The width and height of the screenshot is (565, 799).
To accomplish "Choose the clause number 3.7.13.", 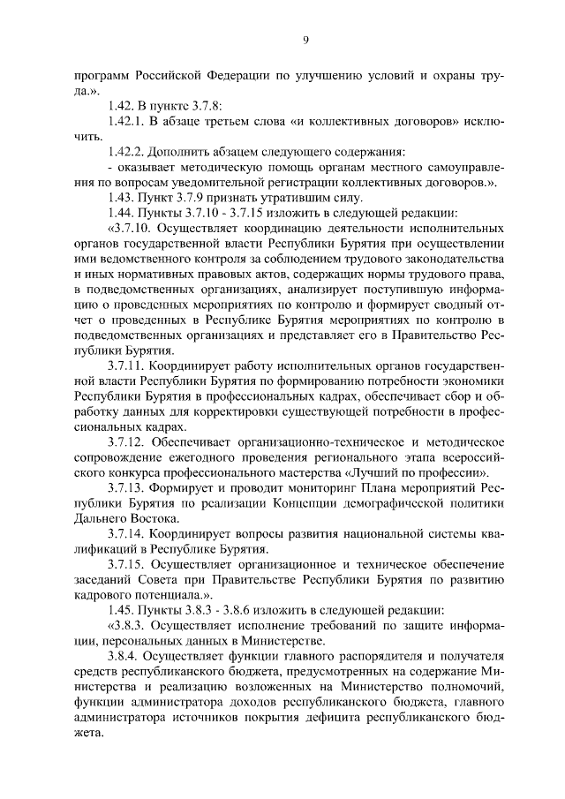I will (125, 487).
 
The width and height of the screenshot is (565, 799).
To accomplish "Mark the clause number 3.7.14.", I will (125, 534).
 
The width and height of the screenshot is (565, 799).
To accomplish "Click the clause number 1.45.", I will (122, 610).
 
